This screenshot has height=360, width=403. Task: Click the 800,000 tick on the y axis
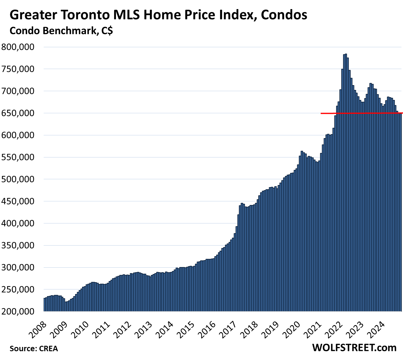tap(18, 47)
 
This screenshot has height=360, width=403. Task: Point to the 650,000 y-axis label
tap(18, 113)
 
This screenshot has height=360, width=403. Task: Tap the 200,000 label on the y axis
tap(18, 311)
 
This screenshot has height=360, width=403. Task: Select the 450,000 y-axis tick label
tap(18, 201)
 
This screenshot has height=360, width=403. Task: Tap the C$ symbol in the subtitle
tap(107, 31)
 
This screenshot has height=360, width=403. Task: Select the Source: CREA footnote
tap(34, 348)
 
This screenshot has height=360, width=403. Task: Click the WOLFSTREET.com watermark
tap(354, 348)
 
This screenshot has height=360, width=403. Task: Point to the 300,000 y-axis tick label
tap(18, 267)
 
